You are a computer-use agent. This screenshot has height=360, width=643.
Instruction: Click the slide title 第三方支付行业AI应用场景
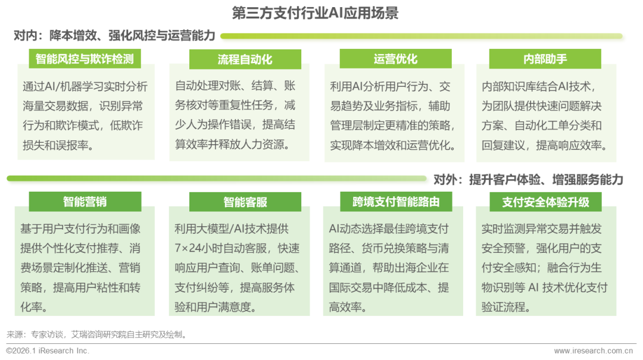315,13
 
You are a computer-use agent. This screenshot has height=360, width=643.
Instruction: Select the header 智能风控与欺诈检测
84,58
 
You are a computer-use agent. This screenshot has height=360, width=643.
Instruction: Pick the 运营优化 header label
395,58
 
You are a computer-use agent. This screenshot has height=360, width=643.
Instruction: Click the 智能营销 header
85,201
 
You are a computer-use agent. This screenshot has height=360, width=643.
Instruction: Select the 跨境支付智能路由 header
395,201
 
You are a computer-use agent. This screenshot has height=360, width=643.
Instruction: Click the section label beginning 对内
114,36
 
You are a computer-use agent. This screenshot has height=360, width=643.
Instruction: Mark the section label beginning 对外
528,179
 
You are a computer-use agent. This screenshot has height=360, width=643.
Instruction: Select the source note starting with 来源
95,334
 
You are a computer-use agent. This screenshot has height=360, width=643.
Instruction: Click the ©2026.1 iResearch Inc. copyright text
48,350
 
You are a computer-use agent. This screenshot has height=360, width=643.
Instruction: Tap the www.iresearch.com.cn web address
592,350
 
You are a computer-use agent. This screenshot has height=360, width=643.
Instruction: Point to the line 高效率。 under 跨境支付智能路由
348,307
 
